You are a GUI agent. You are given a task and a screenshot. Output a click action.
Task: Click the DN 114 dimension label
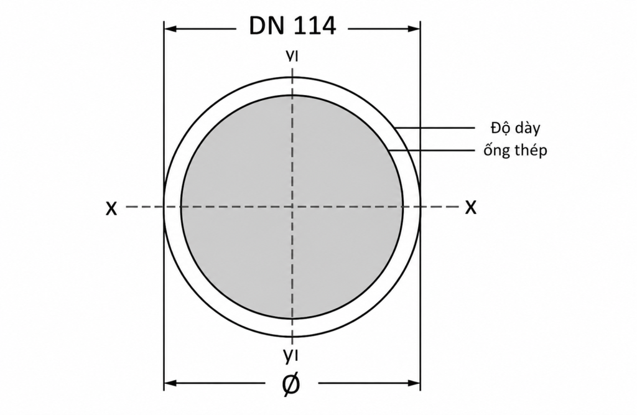[292, 26]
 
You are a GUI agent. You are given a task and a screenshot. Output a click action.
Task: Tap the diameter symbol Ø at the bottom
[291, 384]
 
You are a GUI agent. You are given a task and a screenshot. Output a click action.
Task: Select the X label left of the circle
[111, 208]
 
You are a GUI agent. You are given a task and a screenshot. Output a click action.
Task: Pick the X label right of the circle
[470, 207]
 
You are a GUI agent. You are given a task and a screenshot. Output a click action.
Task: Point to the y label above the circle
[292, 56]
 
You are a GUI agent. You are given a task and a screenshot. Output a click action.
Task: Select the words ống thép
[515, 150]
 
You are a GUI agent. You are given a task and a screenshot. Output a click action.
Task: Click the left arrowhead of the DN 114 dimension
[170, 29]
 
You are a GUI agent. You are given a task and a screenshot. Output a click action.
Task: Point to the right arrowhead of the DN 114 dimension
[414, 29]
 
